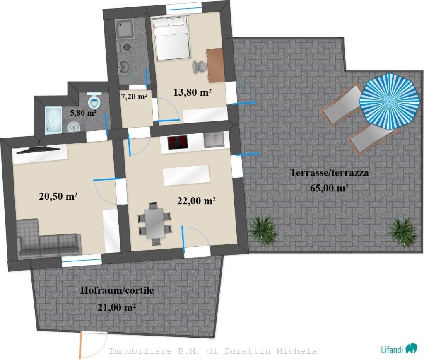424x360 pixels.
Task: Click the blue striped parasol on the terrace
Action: click(389, 101)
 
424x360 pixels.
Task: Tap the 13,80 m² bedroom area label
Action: click(192, 92)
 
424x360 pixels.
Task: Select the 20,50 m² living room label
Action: click(58, 196)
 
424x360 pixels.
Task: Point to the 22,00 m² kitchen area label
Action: click(196, 201)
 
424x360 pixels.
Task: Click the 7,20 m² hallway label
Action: click(134, 96)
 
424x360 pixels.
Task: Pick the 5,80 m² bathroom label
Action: click(83, 113)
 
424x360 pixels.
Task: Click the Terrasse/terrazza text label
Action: click(329, 172)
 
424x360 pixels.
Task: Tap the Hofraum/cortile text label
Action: click(117, 290)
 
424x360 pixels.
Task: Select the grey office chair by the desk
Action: click(199, 67)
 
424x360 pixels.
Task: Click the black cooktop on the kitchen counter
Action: click(178, 142)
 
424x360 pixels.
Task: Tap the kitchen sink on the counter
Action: click(214, 140)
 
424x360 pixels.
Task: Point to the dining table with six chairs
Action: click(154, 224)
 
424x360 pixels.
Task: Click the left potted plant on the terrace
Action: click(263, 230)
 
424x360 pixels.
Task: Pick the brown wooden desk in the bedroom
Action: click(215, 65)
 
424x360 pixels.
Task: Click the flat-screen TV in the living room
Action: click(38, 150)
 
